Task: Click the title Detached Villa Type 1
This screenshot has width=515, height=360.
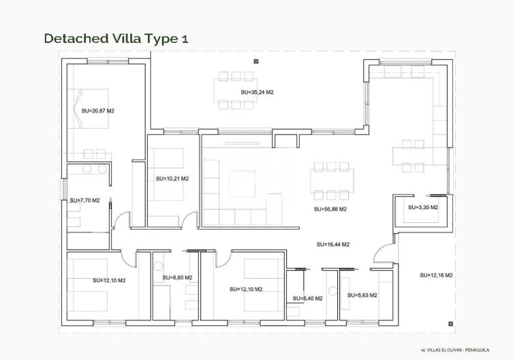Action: click(x=115, y=38)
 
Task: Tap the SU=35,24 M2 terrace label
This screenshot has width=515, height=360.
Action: click(x=257, y=91)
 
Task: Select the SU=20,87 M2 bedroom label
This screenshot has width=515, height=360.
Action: click(x=97, y=110)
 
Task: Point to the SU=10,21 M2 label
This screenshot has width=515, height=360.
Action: click(x=172, y=179)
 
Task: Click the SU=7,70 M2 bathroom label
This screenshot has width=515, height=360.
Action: click(x=84, y=200)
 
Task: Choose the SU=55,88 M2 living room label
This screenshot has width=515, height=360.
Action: click(x=330, y=209)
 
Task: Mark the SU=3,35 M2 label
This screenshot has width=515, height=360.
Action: click(x=422, y=207)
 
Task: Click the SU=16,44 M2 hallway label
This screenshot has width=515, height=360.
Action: click(x=333, y=244)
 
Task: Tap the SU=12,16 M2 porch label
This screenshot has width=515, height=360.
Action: click(x=437, y=275)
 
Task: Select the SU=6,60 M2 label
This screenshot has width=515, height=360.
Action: click(x=177, y=277)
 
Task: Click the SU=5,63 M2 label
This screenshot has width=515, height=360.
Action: click(x=362, y=295)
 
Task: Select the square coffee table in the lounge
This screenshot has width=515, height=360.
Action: click(x=242, y=183)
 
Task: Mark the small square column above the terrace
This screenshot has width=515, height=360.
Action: click(x=255, y=61)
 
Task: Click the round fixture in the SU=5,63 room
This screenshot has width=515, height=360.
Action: click(x=332, y=290)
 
